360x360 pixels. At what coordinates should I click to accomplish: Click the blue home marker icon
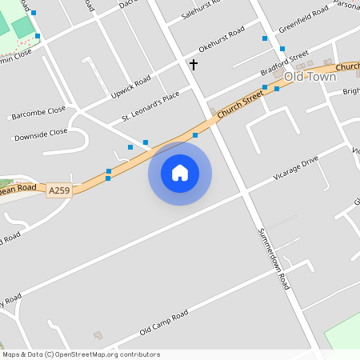(x=180, y=173)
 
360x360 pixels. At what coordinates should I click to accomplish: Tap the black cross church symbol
(x=193, y=64)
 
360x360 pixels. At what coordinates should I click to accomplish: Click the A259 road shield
(x=59, y=190)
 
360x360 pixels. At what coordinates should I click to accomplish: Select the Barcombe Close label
(x=38, y=113)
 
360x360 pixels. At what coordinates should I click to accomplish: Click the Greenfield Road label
(x=303, y=21)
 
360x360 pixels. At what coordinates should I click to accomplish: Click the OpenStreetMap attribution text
(x=81, y=354)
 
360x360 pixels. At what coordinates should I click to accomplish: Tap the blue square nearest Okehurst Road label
(x=263, y=38)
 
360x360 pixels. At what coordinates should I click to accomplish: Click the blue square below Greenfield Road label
(x=282, y=49)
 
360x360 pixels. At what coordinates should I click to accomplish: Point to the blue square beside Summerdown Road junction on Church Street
(x=195, y=135)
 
